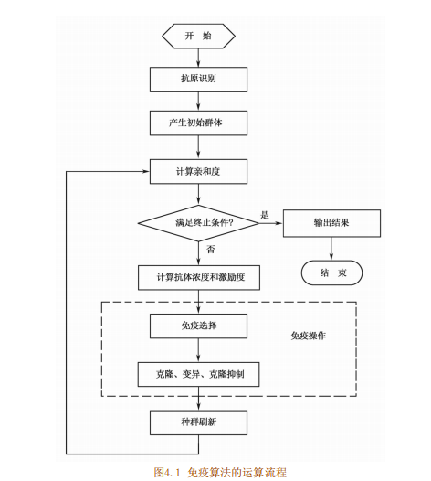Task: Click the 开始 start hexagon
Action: point(198,36)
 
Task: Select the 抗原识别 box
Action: point(198,80)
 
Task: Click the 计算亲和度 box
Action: point(198,172)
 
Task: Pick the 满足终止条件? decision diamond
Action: point(198,222)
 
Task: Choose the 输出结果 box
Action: point(331,222)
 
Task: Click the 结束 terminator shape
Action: point(331,273)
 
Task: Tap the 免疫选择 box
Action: point(198,326)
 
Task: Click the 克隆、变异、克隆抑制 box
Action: point(198,374)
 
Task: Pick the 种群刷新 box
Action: point(198,422)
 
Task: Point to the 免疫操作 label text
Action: point(308,336)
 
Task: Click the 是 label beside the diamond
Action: point(265,214)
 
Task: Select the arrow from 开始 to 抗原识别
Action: point(198,57)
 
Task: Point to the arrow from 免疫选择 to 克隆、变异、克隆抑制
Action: point(198,349)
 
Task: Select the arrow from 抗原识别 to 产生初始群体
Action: point(198,102)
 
